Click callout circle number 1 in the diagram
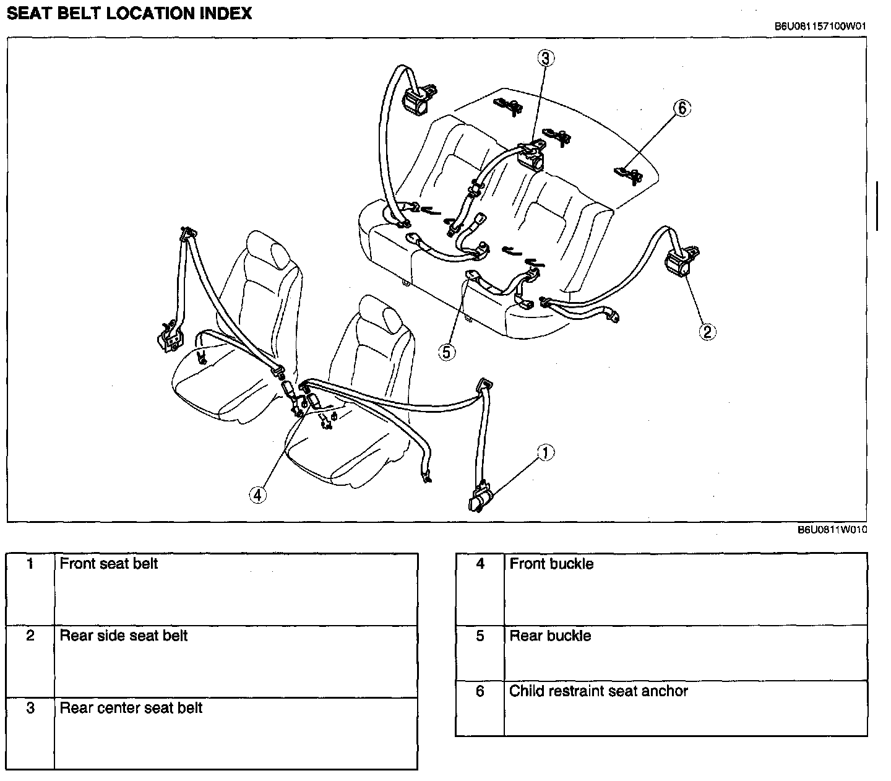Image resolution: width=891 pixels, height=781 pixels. (x=544, y=453)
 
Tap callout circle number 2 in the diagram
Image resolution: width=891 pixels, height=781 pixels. (x=707, y=332)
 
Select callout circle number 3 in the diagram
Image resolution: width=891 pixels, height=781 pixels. (x=545, y=58)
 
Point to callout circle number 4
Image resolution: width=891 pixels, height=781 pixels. (x=258, y=494)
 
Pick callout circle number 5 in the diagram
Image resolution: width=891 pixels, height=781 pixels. (x=447, y=352)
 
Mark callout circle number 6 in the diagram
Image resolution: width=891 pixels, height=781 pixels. (x=681, y=108)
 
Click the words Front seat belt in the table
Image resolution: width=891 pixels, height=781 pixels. (x=109, y=564)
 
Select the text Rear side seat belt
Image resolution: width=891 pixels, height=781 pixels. (x=124, y=636)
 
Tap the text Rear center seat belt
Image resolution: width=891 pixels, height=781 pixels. (x=131, y=708)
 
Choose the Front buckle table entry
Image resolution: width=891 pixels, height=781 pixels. (x=551, y=564)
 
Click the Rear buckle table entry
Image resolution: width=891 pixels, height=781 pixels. (x=550, y=636)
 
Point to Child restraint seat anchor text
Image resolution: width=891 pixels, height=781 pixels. (x=598, y=691)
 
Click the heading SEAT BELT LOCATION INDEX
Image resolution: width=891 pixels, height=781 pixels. (x=129, y=14)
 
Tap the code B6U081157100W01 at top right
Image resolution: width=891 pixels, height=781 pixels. (x=819, y=27)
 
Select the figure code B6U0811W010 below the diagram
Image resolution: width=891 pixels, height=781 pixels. (x=831, y=530)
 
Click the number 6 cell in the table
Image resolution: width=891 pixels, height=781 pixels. (x=480, y=691)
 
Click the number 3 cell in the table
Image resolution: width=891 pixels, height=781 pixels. (x=30, y=708)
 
